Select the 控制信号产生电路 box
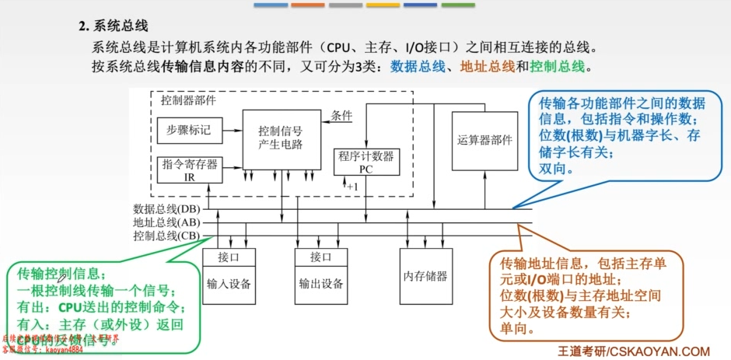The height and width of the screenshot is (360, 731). click(x=281, y=138)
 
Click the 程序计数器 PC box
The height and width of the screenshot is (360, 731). click(x=365, y=162)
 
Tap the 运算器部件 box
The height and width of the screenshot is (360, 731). click(x=485, y=140)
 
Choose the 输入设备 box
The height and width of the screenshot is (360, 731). click(x=229, y=283)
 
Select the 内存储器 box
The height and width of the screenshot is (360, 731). click(x=425, y=276)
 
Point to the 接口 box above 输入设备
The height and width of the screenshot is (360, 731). click(x=229, y=257)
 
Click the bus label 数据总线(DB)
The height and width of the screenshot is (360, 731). click(x=166, y=209)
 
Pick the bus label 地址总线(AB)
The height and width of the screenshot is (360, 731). click(x=166, y=222)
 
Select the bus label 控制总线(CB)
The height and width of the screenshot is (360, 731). click(x=166, y=236)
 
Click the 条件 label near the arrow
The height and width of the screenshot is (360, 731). click(x=341, y=115)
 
